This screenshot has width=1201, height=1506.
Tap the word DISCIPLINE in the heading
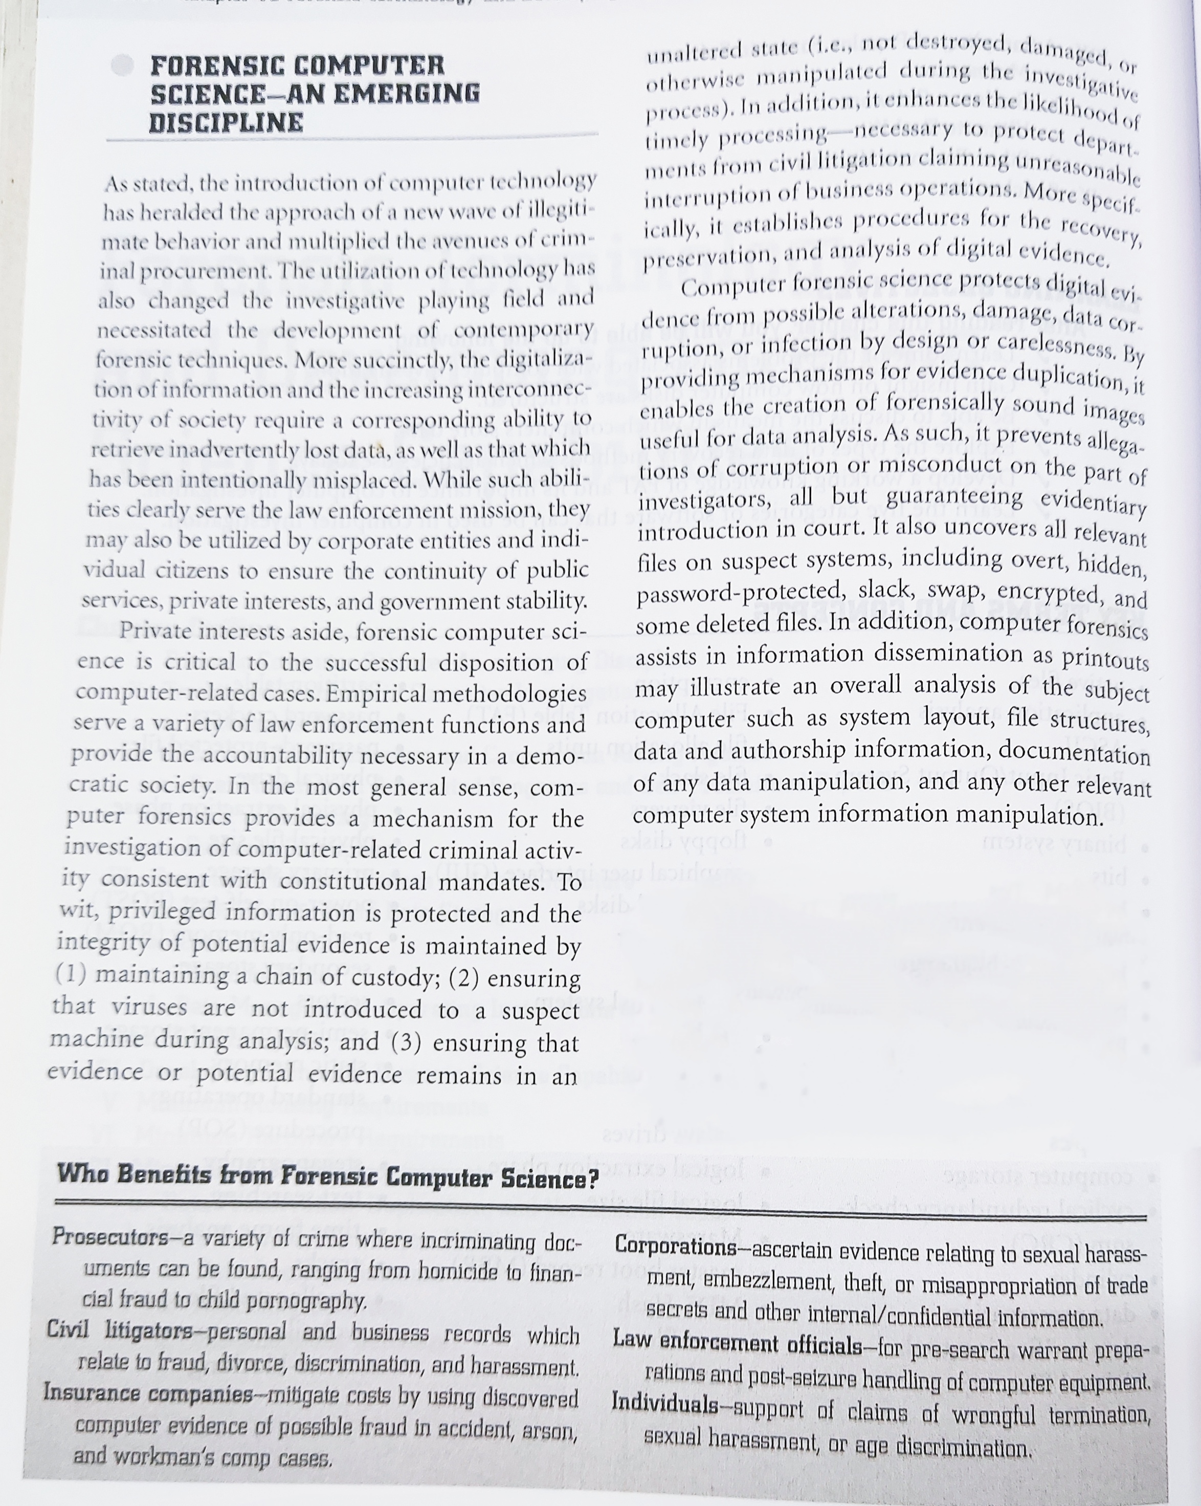click(x=226, y=122)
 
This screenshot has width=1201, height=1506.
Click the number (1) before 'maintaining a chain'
click(x=71, y=974)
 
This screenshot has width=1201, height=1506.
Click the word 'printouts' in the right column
click(x=1105, y=658)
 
